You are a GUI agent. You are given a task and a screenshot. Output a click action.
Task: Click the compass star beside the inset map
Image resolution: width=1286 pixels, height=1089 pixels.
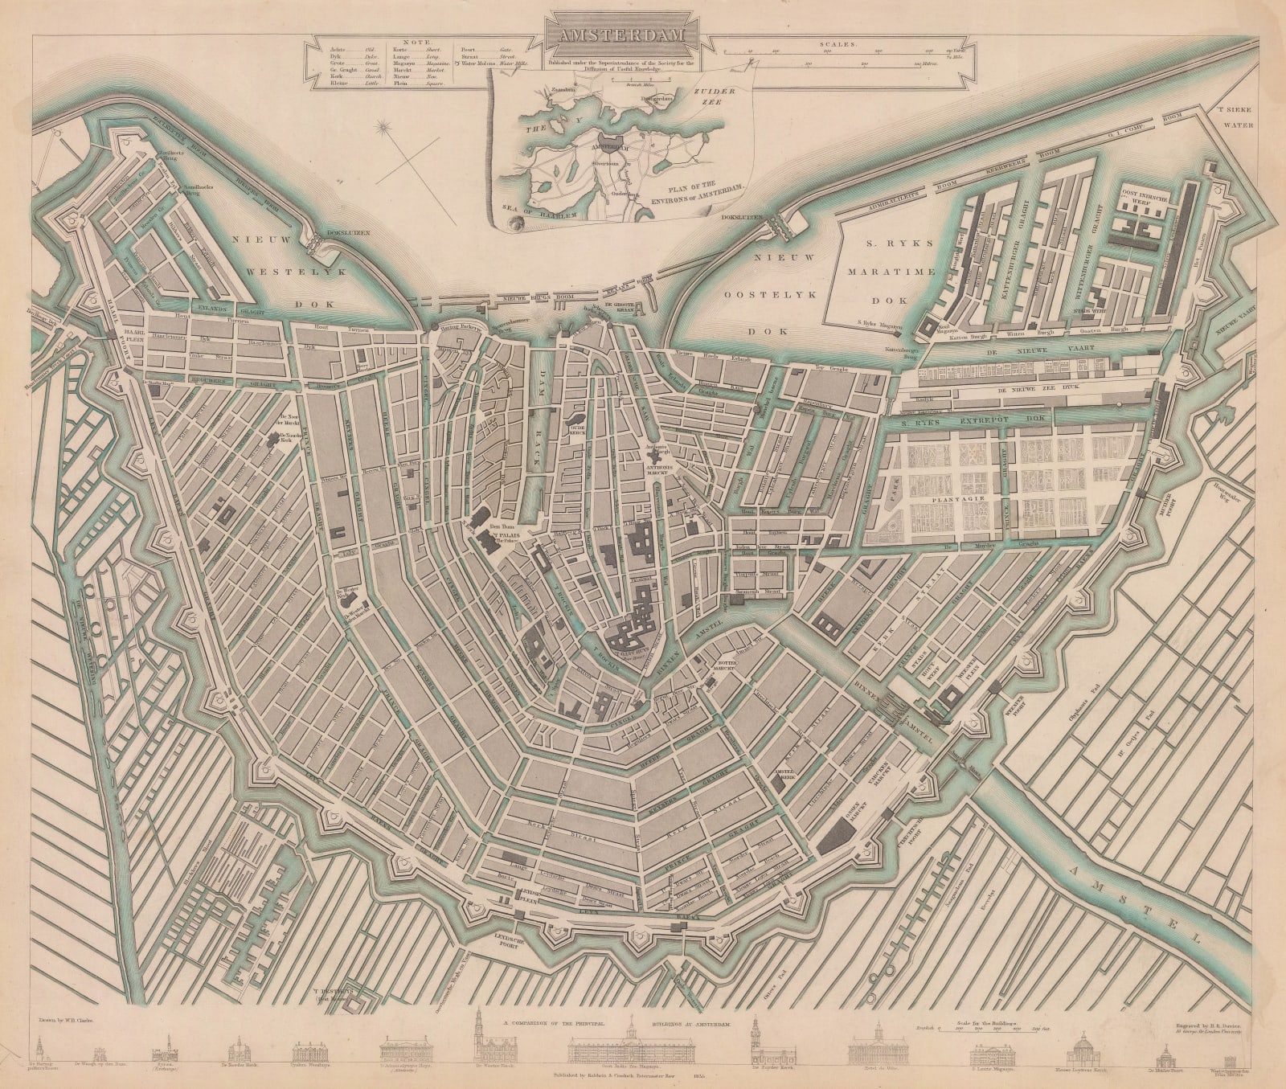[383, 126]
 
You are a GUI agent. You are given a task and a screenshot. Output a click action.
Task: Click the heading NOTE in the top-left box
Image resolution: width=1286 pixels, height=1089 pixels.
[420, 42]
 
